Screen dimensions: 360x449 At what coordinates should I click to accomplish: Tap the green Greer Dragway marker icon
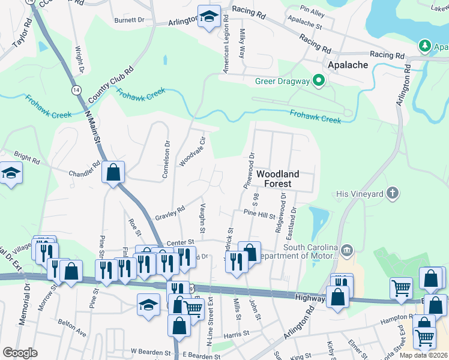click(x=319, y=81)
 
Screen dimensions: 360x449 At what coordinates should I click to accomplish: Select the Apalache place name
click(x=347, y=64)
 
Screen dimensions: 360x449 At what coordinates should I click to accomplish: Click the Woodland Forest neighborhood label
click(x=278, y=178)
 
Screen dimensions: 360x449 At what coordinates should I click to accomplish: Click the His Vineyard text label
click(x=360, y=194)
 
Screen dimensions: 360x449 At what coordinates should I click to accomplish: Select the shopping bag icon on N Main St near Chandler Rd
click(x=113, y=173)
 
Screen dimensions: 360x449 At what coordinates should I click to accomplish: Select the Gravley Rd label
click(x=170, y=213)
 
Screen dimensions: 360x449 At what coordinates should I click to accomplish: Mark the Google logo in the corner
click(x=20, y=353)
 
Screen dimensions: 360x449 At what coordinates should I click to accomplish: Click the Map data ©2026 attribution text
click(x=423, y=355)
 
